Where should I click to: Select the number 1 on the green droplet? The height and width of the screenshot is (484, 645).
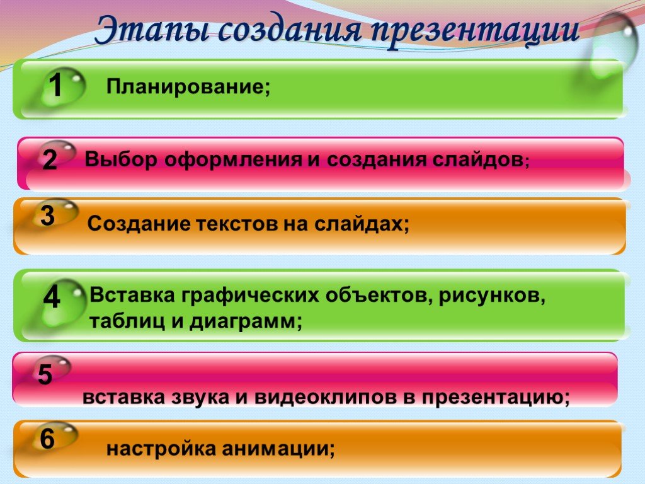[55, 86]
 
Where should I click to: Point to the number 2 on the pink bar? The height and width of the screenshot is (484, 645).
[50, 159]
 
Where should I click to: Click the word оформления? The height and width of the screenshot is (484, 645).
[233, 160]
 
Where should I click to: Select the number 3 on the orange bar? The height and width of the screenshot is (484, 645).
[48, 216]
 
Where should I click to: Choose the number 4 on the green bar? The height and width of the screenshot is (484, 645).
[52, 297]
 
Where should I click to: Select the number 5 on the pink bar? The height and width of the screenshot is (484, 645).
[45, 375]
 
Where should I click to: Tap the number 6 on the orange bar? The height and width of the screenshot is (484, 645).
[47, 439]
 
